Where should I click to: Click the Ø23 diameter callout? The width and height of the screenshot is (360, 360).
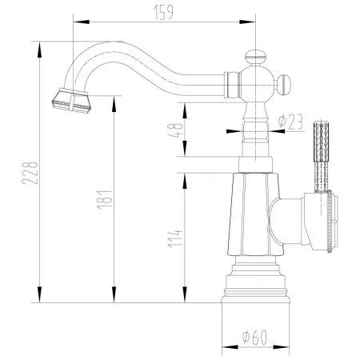tap(291, 122)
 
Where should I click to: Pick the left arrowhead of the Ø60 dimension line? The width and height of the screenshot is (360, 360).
tap(225, 346)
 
